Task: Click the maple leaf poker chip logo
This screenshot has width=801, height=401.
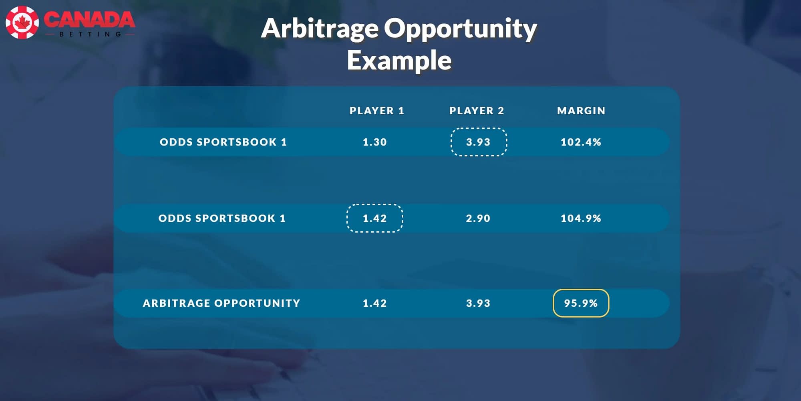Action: (x=22, y=22)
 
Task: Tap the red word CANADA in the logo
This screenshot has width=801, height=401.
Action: (x=89, y=20)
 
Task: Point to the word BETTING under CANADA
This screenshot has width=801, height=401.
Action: (x=90, y=34)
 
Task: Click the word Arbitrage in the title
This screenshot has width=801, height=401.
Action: (x=320, y=29)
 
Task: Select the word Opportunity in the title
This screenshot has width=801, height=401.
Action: (x=461, y=29)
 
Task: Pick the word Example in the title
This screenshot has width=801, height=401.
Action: (x=399, y=61)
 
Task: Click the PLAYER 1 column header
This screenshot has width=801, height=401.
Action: (x=377, y=111)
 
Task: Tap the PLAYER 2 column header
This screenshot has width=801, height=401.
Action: (x=477, y=111)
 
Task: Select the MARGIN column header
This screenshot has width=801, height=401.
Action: (x=581, y=111)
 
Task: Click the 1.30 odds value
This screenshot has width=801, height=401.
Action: (x=375, y=142)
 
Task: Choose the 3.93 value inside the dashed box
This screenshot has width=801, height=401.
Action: (x=478, y=142)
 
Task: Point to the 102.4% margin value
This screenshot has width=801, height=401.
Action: (x=581, y=142)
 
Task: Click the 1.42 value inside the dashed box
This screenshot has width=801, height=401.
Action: (x=375, y=218)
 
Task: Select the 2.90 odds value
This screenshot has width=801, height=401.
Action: (x=478, y=218)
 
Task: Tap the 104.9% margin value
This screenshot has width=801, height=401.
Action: (x=581, y=218)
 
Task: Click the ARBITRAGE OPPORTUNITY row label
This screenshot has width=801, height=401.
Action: (x=221, y=303)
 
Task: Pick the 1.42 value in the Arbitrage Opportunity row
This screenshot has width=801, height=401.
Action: (x=375, y=303)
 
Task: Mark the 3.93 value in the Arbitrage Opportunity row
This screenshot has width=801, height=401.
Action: (x=478, y=303)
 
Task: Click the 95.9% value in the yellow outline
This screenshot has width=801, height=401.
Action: (x=581, y=303)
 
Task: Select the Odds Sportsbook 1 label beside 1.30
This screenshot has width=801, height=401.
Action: (x=223, y=142)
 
